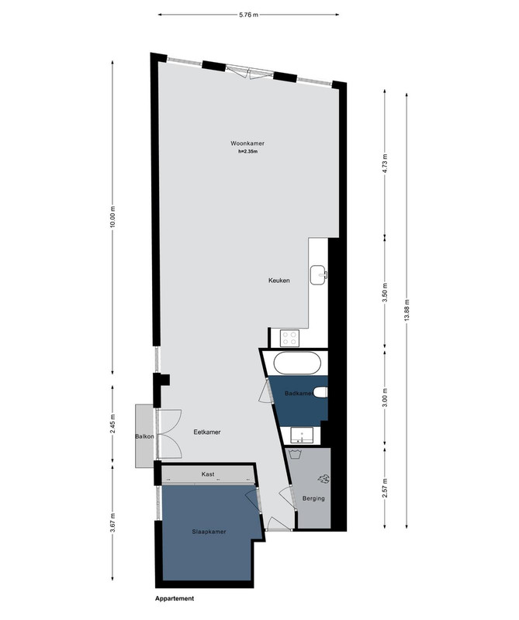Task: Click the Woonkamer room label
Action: click(x=247, y=143)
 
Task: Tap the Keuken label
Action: click(x=279, y=281)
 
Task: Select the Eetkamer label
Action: click(x=207, y=432)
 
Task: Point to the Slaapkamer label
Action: click(x=209, y=532)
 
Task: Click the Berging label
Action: click(x=313, y=498)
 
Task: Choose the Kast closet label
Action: click(x=208, y=474)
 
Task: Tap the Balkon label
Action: click(x=144, y=436)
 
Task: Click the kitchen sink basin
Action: click(x=318, y=275)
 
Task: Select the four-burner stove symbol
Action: click(x=289, y=338)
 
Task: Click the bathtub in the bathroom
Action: click(x=297, y=363)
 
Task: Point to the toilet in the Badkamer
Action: click(x=320, y=393)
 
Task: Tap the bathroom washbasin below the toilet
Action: click(x=302, y=436)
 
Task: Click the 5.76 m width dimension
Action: click(x=248, y=15)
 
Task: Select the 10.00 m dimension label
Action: click(x=112, y=217)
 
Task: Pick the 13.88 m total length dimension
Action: click(x=407, y=311)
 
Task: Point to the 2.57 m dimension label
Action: click(x=385, y=488)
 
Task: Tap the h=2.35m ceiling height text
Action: click(x=247, y=151)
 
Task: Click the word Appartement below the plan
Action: click(x=175, y=598)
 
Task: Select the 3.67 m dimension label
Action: click(x=112, y=522)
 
